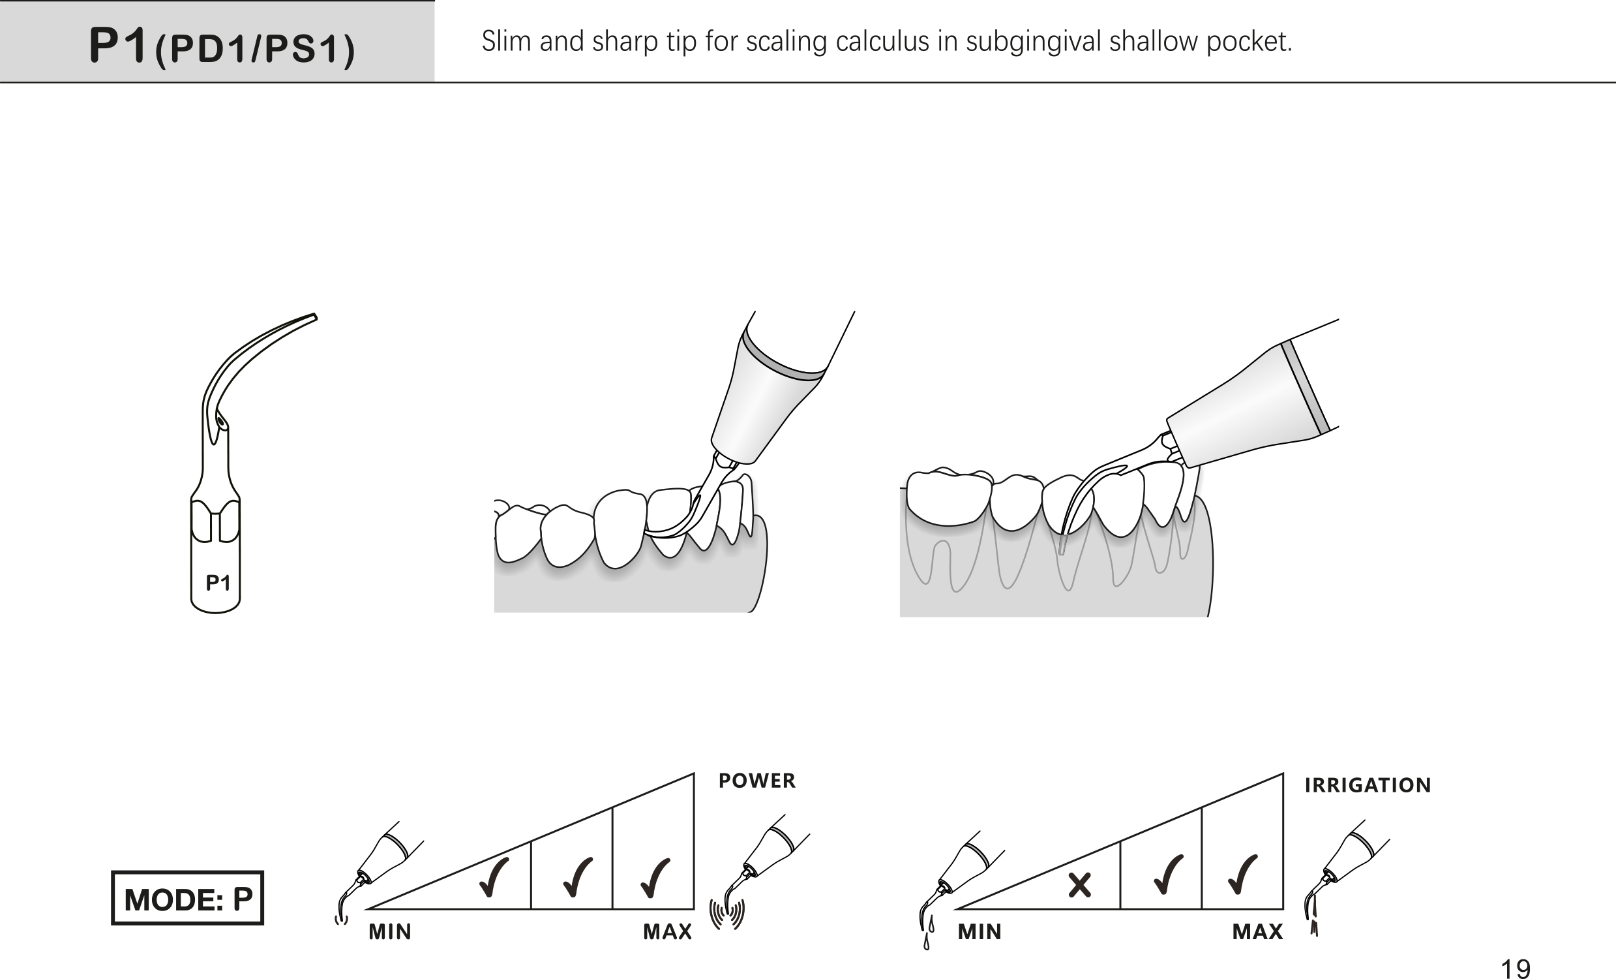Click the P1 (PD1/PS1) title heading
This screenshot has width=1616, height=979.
[222, 46]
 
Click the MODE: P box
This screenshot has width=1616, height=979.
[188, 897]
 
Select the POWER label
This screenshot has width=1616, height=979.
[757, 780]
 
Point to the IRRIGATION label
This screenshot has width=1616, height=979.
[1368, 785]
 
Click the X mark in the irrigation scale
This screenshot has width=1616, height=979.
[1079, 885]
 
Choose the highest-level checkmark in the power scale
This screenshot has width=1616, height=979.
[655, 878]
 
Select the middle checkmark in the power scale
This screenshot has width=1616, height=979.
[578, 878]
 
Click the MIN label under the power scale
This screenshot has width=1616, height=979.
[390, 932]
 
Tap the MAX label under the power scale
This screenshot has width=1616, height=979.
[668, 932]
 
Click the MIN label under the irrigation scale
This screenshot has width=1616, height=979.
[980, 932]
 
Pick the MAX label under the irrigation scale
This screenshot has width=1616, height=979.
[1257, 932]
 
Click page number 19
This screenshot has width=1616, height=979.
[1516, 968]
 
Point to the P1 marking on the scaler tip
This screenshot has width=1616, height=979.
[218, 583]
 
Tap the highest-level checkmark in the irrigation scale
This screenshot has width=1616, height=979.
[1243, 875]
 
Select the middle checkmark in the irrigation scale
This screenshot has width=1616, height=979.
[1168, 875]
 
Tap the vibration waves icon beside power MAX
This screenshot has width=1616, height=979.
[727, 914]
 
